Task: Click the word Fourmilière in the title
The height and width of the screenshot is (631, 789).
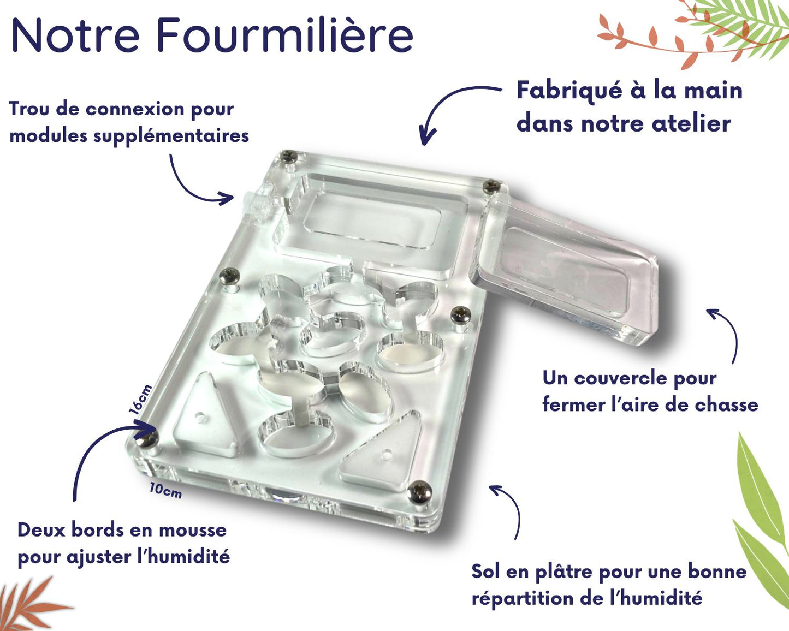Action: (x=285, y=34)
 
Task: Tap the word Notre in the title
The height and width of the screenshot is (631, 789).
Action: (x=76, y=35)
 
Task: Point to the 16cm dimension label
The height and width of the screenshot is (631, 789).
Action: (x=141, y=400)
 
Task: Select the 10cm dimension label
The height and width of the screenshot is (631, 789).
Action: (x=165, y=491)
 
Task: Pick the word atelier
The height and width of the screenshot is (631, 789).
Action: (x=691, y=123)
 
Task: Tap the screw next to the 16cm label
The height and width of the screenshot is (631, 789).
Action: (x=147, y=439)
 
